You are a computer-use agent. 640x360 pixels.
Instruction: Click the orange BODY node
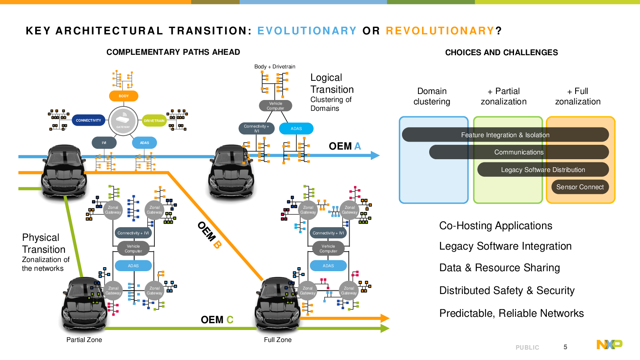click(x=124, y=96)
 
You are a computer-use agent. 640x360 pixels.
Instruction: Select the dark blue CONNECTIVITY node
click(x=88, y=120)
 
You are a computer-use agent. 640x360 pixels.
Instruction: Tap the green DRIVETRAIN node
click(x=154, y=120)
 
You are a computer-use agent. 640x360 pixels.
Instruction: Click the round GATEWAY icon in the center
click(x=123, y=121)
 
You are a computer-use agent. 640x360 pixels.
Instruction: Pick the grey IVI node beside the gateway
click(x=104, y=142)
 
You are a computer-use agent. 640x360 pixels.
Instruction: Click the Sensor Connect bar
click(x=580, y=187)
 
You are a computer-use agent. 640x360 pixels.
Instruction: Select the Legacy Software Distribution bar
click(x=543, y=170)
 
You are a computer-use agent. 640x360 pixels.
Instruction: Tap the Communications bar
click(x=519, y=152)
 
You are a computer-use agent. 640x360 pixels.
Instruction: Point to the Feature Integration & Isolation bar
click(x=505, y=134)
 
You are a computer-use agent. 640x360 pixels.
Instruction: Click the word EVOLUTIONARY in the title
click(x=307, y=31)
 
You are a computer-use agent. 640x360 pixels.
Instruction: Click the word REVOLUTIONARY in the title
click(x=440, y=31)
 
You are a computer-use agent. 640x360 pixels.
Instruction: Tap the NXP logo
click(x=610, y=344)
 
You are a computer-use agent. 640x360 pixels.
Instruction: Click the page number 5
click(x=565, y=347)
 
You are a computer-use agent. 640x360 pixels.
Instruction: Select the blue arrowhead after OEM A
click(x=375, y=156)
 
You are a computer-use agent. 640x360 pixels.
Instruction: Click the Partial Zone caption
click(x=84, y=340)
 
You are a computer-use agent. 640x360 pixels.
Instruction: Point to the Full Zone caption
click(x=278, y=340)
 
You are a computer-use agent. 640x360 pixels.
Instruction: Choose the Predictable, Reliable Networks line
click(x=512, y=314)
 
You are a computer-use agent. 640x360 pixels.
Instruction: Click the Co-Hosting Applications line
click(x=496, y=226)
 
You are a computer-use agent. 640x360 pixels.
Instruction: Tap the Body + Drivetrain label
click(x=275, y=66)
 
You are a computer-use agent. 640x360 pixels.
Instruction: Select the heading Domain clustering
click(x=432, y=96)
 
